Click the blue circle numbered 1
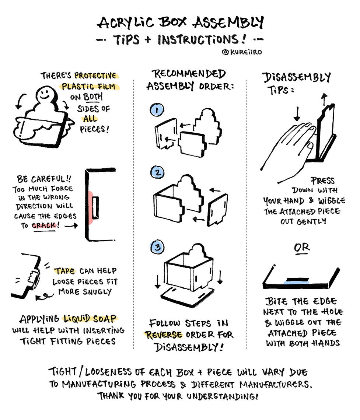157,110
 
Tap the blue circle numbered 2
157,172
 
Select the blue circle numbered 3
157,247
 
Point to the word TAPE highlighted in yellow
65,271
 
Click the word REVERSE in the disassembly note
163,335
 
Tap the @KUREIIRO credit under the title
242,52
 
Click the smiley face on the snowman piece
45,94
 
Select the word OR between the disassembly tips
302,248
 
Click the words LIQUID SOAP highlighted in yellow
90,318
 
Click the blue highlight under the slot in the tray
296,282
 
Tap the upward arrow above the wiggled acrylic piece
324,99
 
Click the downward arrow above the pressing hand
297,114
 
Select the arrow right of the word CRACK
71,225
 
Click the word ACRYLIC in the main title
126,22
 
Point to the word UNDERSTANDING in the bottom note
222,396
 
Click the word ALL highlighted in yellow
90,119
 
